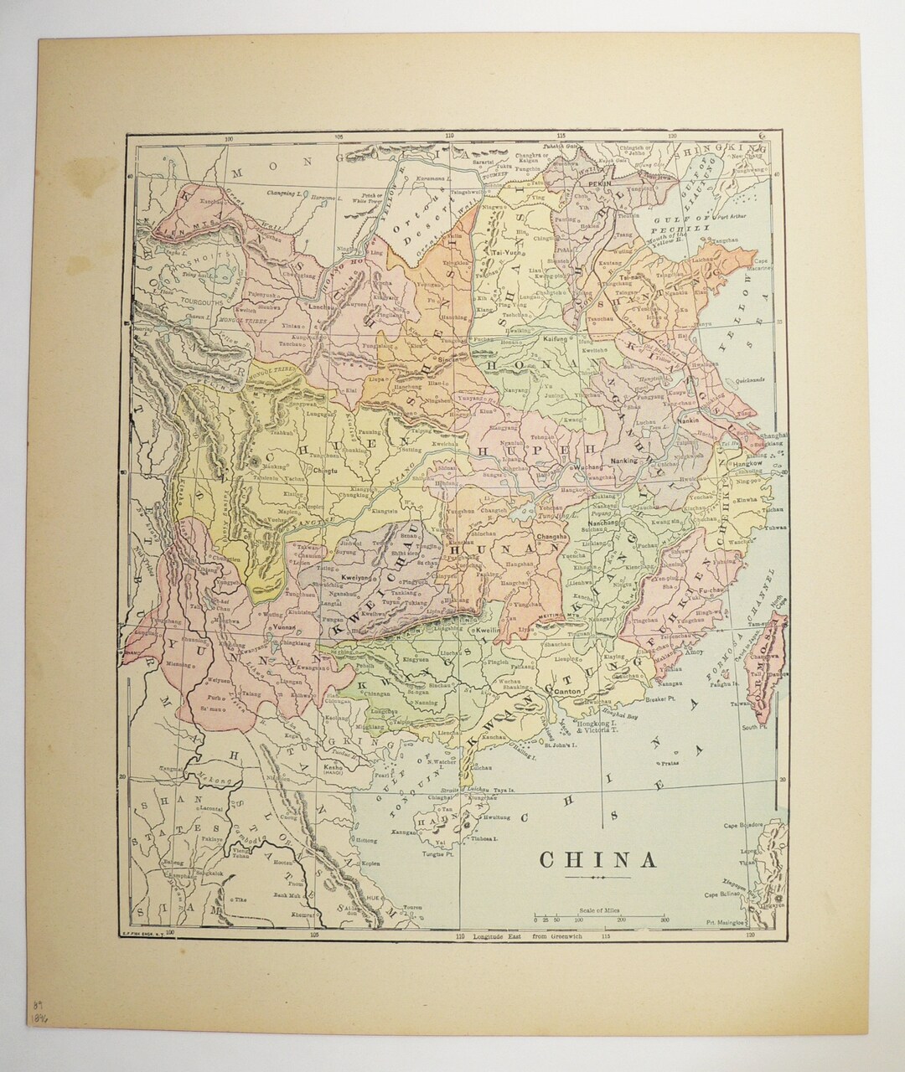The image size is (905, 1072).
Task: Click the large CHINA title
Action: (597, 860)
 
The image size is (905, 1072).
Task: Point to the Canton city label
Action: (567, 692)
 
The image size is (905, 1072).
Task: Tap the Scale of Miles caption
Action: (600, 910)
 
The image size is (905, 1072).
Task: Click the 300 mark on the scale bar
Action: (665, 919)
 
